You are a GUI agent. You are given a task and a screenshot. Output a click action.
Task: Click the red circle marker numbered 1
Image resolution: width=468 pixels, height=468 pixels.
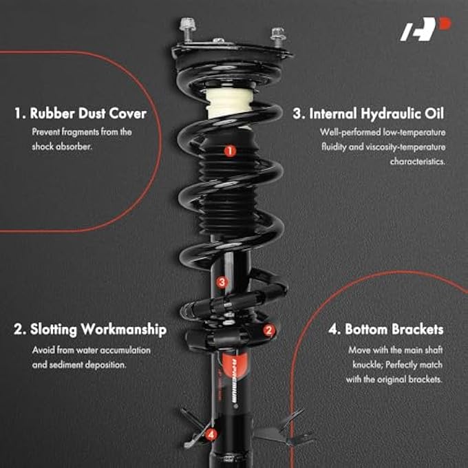pos(230,149)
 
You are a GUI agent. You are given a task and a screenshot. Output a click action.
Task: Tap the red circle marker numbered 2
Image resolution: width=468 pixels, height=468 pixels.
pos(269,330)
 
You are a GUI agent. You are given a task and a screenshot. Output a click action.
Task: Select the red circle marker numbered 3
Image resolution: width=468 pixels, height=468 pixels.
pos(222,281)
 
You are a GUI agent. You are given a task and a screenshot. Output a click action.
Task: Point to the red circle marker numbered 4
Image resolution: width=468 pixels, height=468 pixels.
pos(209,434)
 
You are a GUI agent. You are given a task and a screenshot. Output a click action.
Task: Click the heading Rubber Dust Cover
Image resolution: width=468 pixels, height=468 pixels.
pos(81,114)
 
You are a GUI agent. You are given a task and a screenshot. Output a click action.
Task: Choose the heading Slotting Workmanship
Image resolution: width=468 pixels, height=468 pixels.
pos(90,330)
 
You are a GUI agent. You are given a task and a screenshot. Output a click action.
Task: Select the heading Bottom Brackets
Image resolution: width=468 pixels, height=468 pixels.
pos(385,330)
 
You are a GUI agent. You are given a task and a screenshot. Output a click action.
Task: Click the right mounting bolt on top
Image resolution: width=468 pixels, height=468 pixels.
pos(277,34)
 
